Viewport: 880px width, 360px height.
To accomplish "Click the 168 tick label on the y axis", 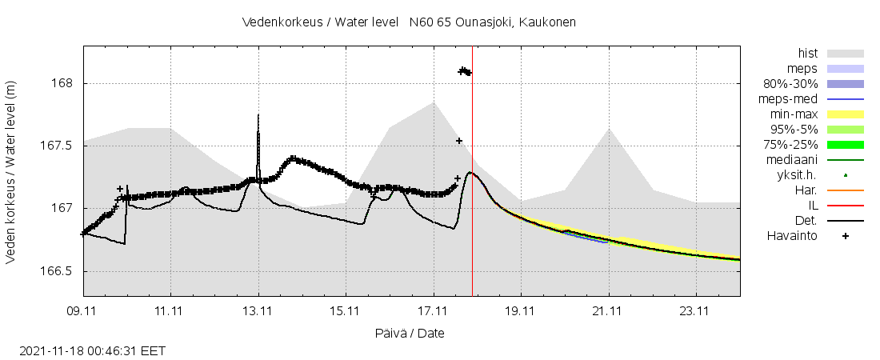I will [x=62, y=83].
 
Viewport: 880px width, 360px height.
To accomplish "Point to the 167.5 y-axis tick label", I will [x=57, y=146].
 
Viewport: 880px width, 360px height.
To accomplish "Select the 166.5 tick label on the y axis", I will [x=57, y=271].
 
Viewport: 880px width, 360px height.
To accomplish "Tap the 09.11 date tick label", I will [x=83, y=310].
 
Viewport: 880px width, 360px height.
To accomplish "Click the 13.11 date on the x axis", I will [x=258, y=310].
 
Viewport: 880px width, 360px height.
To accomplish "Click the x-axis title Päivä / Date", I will [x=410, y=333].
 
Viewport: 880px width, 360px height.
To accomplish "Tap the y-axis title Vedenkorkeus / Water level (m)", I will [x=11, y=171].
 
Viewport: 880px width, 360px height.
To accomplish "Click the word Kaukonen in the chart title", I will [x=547, y=22].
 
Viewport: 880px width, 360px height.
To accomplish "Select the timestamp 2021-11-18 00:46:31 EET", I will [x=92, y=350].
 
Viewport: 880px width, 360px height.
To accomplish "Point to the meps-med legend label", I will [x=792, y=99].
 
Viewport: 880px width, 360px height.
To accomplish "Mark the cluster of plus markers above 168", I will [x=464, y=72].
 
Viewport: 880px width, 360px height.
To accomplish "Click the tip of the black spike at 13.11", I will [x=258, y=115].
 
